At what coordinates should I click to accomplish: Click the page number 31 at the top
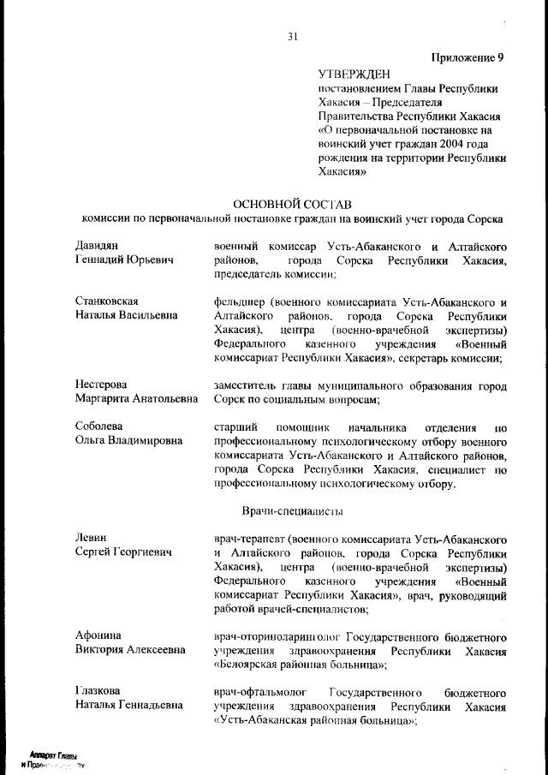point(293,36)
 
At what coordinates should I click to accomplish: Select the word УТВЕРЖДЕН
point(354,75)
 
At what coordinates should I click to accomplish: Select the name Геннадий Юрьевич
point(124,259)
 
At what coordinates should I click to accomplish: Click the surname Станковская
point(107,301)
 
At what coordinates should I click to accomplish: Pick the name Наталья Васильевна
point(127,315)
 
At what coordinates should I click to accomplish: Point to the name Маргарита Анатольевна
point(136,399)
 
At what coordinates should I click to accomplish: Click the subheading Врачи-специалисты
point(293,511)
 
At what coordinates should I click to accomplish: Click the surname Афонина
point(98,635)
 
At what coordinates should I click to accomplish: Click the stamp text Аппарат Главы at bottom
point(53,756)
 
